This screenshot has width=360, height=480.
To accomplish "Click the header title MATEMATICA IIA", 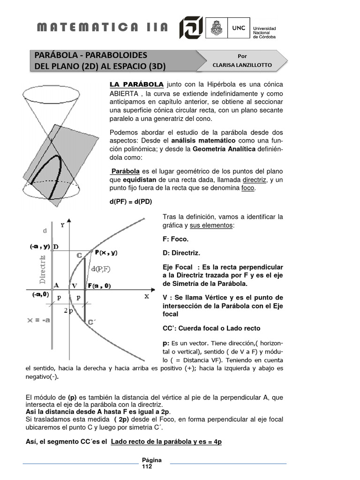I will pos(102,27).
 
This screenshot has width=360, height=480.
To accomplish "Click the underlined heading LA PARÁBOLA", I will pos(136,84).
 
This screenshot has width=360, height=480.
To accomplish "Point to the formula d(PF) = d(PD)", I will pos(131,202).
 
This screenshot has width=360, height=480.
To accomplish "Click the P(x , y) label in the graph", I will pos(106,252).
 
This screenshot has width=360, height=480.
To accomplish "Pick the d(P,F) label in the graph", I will pos(100,268).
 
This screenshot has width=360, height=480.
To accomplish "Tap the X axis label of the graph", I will pos(146,296).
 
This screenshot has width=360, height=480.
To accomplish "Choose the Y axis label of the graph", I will pos(62,225).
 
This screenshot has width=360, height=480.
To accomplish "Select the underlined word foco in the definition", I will pos(248,188).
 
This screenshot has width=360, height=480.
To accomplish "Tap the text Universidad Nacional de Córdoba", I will pos(264,32).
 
